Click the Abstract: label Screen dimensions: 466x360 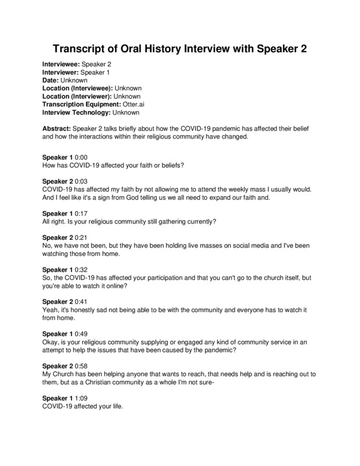[58, 128]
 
